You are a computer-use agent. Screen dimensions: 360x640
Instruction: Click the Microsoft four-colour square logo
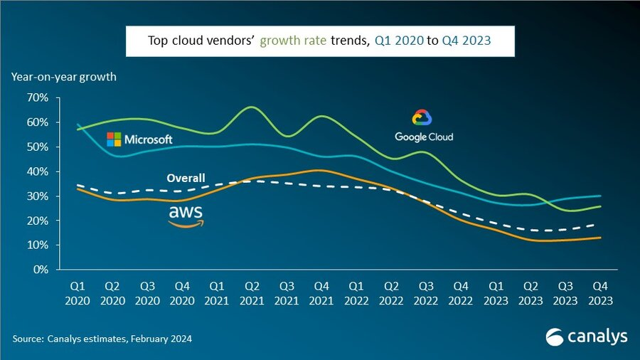pyautogui.click(x=114, y=139)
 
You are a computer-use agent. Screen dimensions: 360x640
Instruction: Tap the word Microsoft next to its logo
pyautogui.click(x=149, y=140)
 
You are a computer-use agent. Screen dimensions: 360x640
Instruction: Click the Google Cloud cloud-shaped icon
pyautogui.click(x=422, y=119)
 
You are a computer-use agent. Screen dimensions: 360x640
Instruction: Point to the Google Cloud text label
pyautogui.click(x=424, y=137)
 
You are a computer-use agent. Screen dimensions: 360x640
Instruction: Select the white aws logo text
pyautogui.click(x=186, y=211)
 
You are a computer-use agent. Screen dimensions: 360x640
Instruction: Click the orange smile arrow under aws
pyautogui.click(x=186, y=223)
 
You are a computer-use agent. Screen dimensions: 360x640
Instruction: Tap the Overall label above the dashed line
pyautogui.click(x=186, y=178)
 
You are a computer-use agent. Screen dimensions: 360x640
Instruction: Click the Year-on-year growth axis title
pyautogui.click(x=63, y=76)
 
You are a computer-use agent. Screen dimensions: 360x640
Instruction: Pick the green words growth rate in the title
pyautogui.click(x=293, y=41)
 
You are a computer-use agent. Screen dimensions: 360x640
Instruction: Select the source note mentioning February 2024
pyautogui.click(x=102, y=339)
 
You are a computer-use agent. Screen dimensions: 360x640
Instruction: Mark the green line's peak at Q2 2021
pyautogui.click(x=251, y=107)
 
